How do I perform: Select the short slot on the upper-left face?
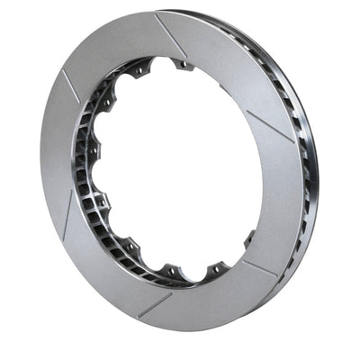[x=70, y=85]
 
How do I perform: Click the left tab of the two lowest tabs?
[x=170, y=269]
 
